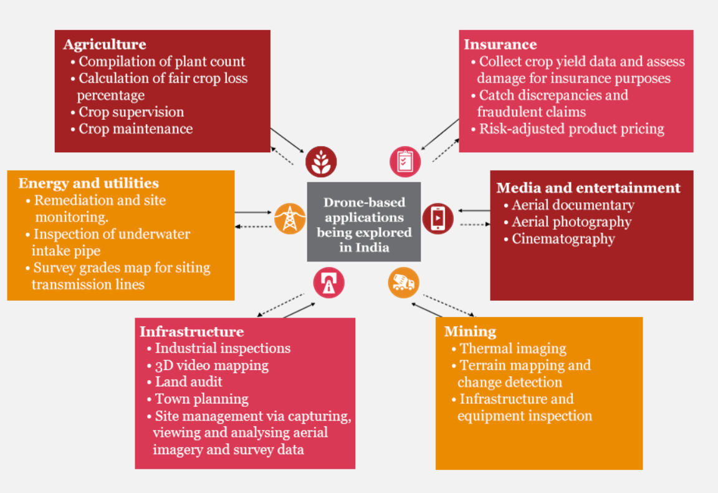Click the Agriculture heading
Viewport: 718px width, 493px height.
(104, 44)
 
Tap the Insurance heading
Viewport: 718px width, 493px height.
(500, 44)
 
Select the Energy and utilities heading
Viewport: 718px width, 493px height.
(89, 183)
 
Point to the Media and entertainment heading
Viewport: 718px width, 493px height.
(588, 188)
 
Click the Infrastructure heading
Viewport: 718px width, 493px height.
(191, 331)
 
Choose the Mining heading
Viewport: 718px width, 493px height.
(470, 331)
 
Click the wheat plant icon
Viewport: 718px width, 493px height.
(321, 162)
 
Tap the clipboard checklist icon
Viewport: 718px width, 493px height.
(405, 162)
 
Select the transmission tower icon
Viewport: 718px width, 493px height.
(290, 218)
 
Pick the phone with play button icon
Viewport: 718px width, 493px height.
(438, 218)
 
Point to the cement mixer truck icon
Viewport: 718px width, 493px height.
(403, 283)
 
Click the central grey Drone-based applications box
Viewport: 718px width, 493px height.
(364, 222)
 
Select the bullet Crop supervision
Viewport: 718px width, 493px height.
(131, 112)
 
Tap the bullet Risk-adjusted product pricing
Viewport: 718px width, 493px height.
(571, 129)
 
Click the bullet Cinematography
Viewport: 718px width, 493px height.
(563, 239)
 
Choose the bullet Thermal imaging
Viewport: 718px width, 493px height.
(512, 349)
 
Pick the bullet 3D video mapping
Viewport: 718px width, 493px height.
(211, 365)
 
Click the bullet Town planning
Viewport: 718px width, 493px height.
(201, 399)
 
